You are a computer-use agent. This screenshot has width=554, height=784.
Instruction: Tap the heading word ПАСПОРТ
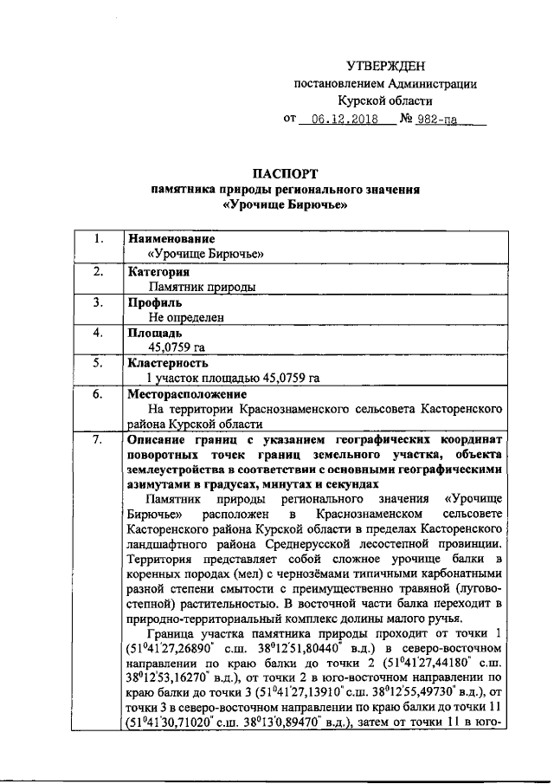(284, 172)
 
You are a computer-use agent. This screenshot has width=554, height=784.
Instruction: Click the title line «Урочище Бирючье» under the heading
(285, 205)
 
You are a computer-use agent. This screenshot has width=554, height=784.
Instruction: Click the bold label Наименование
(171, 238)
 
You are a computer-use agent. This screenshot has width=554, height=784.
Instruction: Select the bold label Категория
(159, 271)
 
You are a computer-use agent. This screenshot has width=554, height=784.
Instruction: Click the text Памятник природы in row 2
(201, 287)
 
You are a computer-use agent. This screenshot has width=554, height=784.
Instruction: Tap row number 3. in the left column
(99, 302)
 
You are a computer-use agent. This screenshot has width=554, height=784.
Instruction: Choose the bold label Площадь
(155, 333)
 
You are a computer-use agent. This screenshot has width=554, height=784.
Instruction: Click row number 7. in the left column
(99, 439)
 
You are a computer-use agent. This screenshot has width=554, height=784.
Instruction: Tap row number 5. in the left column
(99, 363)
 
